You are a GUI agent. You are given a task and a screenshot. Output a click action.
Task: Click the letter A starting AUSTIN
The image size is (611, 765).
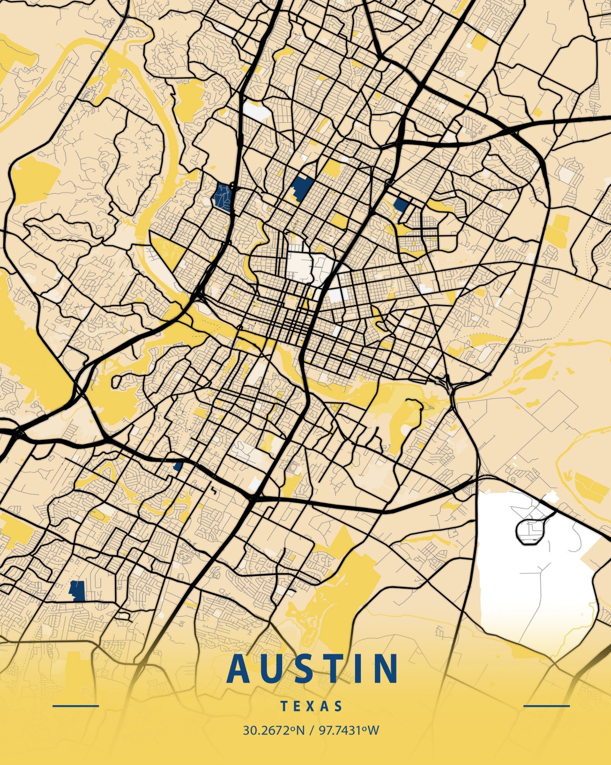[x=239, y=668]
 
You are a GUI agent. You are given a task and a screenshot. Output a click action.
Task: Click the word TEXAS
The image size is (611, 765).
[x=311, y=706]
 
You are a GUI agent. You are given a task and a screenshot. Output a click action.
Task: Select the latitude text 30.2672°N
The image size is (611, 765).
[x=273, y=730]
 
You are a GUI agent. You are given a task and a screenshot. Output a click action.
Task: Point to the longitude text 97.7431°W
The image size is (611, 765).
[x=349, y=730]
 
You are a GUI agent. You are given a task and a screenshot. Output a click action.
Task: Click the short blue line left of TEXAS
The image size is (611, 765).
[x=76, y=706]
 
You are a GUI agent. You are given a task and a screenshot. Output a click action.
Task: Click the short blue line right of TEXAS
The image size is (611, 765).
[x=546, y=706]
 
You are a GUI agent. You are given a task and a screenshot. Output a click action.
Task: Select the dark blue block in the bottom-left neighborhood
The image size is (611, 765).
[x=78, y=591]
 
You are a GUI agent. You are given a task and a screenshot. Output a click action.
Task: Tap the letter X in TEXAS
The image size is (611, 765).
[x=311, y=706]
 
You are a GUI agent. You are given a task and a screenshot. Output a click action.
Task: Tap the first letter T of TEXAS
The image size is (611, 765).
[x=285, y=706]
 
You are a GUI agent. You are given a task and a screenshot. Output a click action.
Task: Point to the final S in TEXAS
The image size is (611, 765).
[x=338, y=706]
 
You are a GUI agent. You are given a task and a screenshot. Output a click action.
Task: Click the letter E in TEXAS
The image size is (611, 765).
[x=298, y=706]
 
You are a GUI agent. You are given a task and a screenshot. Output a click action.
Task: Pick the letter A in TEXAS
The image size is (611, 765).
[x=325, y=706]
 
